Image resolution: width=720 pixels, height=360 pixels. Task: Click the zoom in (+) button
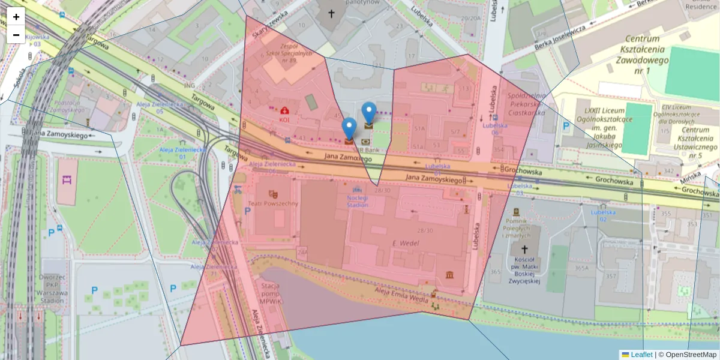(16, 17)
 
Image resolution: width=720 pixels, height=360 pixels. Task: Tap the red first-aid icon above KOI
(284, 110)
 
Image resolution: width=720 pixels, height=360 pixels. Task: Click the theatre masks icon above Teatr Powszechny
(274, 194)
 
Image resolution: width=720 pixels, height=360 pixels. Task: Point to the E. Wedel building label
(404, 243)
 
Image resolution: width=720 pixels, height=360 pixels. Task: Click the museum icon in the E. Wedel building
(450, 274)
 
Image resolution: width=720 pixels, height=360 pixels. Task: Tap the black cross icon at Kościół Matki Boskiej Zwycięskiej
(524, 249)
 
